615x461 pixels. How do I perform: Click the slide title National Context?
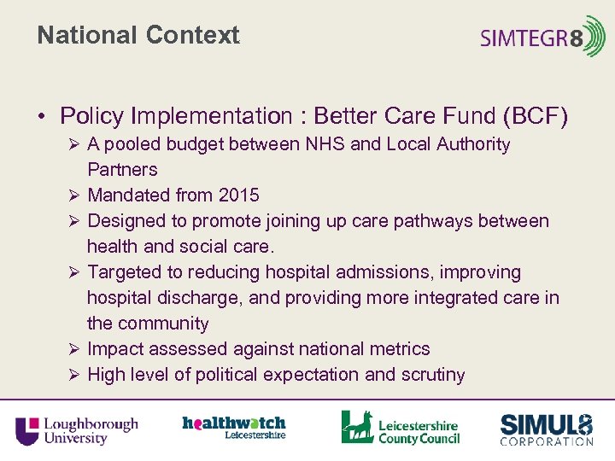138,36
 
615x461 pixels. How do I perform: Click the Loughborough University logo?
76,429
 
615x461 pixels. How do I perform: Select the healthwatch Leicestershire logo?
233,427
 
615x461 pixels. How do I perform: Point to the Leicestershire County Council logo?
400,428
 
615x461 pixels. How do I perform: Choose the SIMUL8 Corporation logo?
546,429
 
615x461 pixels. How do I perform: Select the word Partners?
122,170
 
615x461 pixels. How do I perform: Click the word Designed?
126,221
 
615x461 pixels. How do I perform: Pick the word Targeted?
126,272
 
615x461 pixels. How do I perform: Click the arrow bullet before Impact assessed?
74,349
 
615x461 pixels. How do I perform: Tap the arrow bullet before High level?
74,375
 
